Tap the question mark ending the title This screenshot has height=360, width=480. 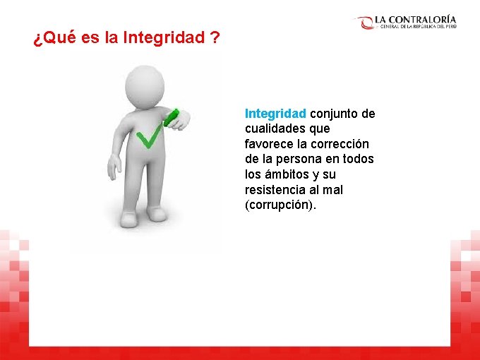coord(214,38)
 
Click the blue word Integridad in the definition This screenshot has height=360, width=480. coord(275,114)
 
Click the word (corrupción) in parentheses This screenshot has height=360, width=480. coord(281,205)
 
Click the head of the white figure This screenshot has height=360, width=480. coord(145,85)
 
